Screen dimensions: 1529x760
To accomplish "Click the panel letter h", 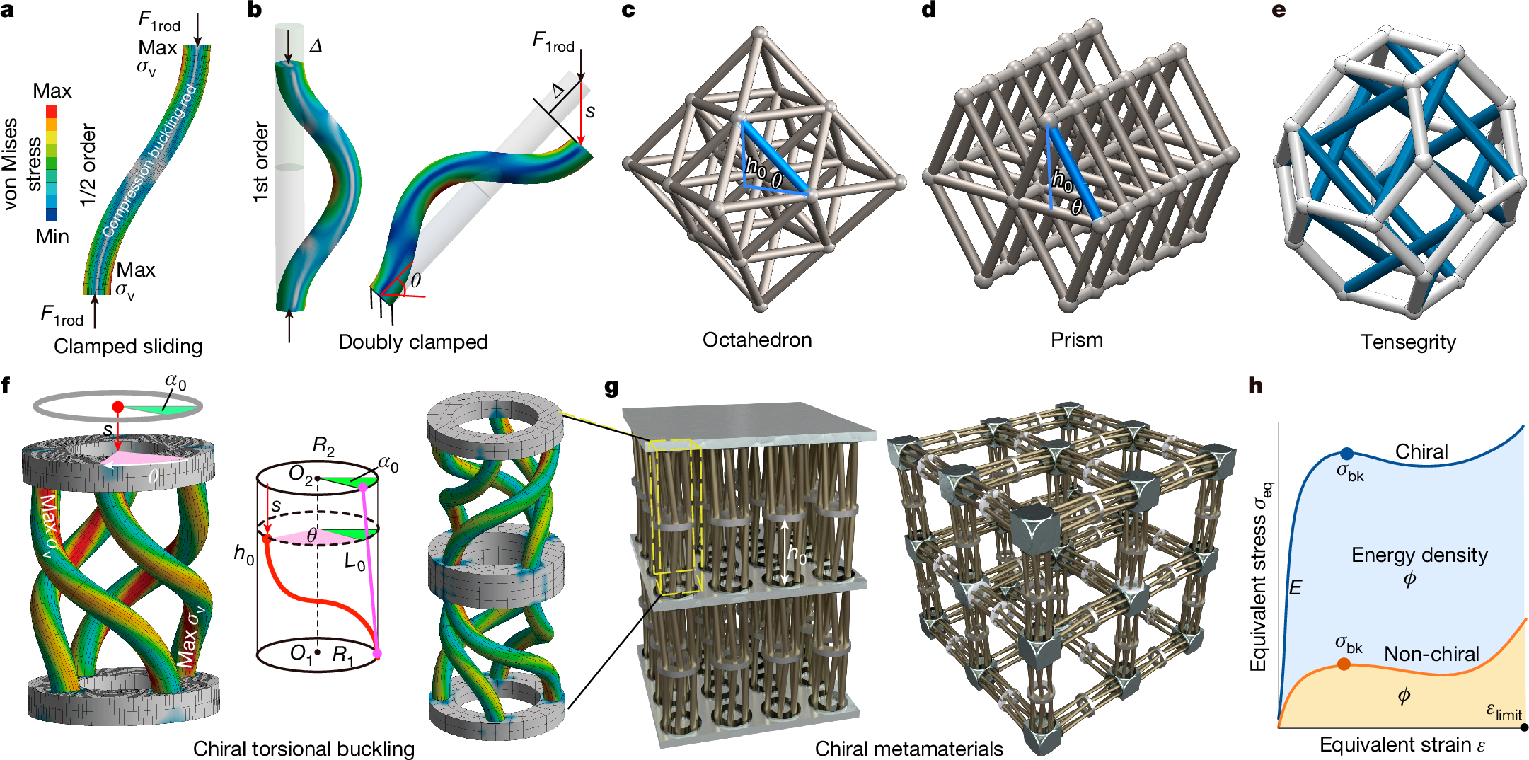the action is pos(1255,386).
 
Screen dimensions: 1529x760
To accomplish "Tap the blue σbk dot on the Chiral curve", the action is pos(1346,454).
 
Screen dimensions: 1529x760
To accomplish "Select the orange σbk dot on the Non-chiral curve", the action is pos(1344,664).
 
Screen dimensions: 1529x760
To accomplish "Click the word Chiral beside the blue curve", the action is pos(1421,451).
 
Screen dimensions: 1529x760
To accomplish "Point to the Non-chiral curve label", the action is pos(1431,654).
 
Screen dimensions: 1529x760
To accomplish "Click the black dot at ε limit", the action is pos(1523,727).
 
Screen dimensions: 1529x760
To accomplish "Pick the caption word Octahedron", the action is pos(756,340).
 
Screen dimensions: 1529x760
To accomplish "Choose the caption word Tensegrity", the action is pos(1407,342).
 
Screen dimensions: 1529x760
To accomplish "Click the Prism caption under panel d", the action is pos(1076,340).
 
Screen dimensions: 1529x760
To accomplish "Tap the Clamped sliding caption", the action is pos(128,346).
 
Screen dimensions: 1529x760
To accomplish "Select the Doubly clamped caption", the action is pos(412,342).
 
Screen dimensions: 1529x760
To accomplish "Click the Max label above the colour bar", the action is pos(52,91).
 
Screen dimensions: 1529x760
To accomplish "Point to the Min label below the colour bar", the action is pos(52,236).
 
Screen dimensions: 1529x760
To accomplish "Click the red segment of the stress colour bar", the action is pos(52,112).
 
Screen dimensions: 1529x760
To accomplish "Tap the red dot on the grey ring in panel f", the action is pos(118,407).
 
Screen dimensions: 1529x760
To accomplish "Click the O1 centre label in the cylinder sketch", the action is pos(302,652).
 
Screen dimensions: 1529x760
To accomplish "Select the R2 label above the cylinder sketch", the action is pos(323,447).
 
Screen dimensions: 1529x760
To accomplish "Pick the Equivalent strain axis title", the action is pos(1401,745).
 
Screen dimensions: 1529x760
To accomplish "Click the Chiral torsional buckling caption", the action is pos(304,749).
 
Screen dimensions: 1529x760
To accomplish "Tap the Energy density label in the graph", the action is pos(1419,555).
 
